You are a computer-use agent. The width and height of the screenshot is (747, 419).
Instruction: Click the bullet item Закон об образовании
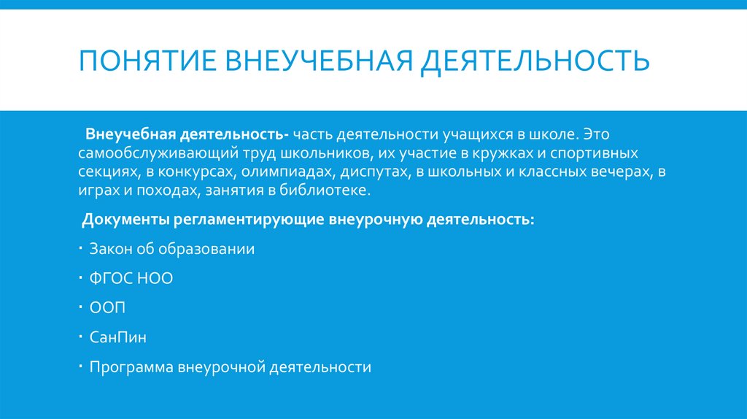172,249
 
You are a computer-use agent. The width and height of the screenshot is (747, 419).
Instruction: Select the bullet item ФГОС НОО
131,278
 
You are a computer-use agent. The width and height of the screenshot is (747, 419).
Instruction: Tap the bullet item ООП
107,308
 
